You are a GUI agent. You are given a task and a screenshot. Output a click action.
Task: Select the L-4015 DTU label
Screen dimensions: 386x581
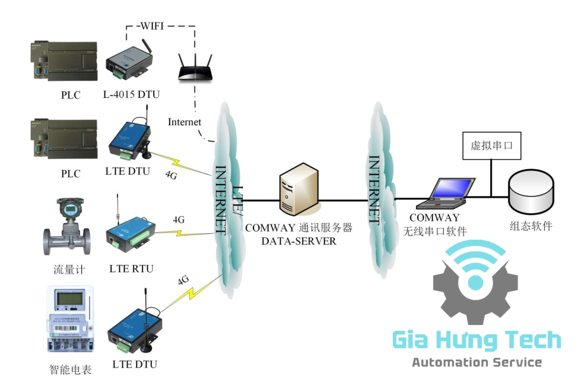click(x=131, y=94)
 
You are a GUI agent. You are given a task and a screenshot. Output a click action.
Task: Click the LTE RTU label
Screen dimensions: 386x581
click(x=131, y=268)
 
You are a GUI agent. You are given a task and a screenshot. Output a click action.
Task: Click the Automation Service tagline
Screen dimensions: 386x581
click(x=477, y=362)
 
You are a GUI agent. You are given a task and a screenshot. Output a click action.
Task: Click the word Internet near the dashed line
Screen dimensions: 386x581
click(x=185, y=122)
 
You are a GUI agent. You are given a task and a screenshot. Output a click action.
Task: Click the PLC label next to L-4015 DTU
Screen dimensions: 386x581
click(x=70, y=94)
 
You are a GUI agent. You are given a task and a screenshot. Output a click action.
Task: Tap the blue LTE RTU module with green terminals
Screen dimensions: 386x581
click(x=130, y=230)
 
